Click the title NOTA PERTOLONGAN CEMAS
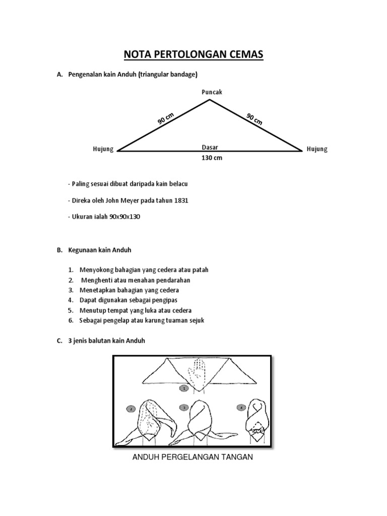pyautogui.click(x=193, y=54)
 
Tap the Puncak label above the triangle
pyautogui.click(x=211, y=92)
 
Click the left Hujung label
pyautogui.click(x=103, y=149)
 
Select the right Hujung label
pyautogui.click(x=317, y=149)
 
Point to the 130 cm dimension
pyautogui.click(x=212, y=158)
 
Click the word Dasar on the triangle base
pyautogui.click(x=210, y=148)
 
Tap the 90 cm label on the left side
pyautogui.click(x=165, y=119)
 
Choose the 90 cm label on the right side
pyautogui.click(x=254, y=119)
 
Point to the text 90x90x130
pyautogui.click(x=124, y=217)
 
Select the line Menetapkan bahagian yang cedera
pyautogui.click(x=129, y=290)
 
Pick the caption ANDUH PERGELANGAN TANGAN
pyautogui.click(x=192, y=458)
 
